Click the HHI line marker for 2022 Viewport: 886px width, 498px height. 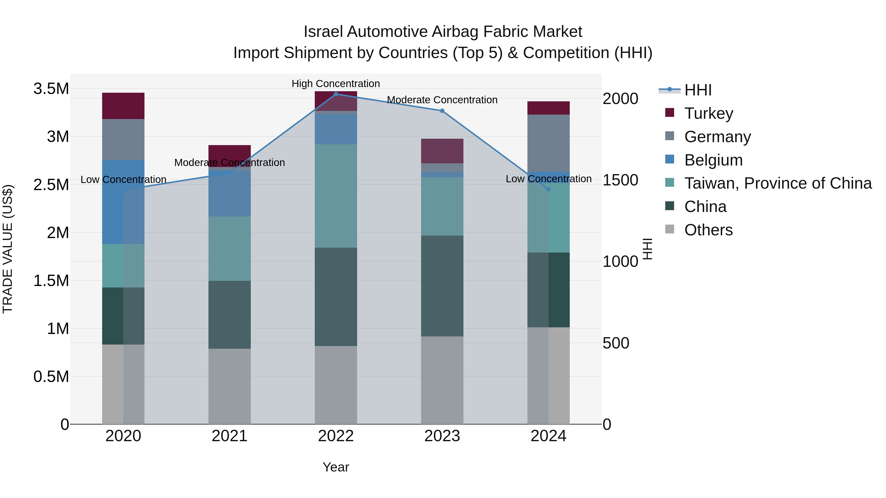(336, 94)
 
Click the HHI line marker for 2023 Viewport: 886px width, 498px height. (442, 111)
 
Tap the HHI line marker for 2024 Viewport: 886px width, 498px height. (548, 189)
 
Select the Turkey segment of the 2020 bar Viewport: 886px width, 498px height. (123, 106)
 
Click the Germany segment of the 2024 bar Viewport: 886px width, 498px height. (548, 143)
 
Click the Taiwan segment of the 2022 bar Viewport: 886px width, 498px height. (336, 196)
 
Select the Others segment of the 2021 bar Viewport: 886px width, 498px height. (229, 386)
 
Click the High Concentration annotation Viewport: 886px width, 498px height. (336, 84)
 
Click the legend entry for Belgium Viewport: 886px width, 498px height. (713, 160)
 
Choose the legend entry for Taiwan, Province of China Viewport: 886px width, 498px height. (777, 183)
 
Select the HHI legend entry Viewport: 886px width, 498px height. (697, 90)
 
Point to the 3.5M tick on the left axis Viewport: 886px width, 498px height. (51, 89)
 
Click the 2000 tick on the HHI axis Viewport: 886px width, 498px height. (620, 99)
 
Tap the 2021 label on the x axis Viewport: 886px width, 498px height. (229, 436)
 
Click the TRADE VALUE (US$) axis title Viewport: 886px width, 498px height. (8, 249)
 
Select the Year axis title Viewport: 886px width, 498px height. (336, 467)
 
